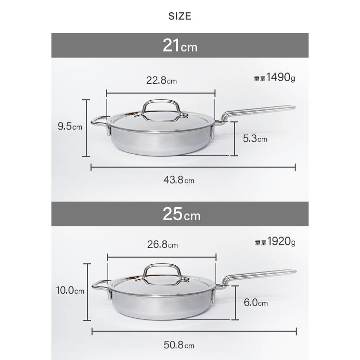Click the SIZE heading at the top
tap(180, 16)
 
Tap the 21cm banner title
tap(180, 45)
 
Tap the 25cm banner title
tap(182, 214)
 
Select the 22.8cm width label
tap(161, 80)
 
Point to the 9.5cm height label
tap(70, 127)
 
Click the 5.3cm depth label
tap(255, 138)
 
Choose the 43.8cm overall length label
tap(179, 180)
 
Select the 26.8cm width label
tap(163, 244)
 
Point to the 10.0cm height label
tap(70, 291)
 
